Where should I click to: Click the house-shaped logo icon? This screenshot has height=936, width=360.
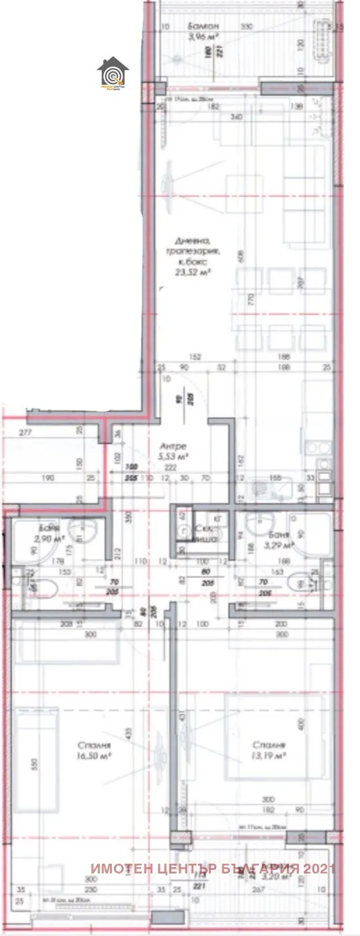112,73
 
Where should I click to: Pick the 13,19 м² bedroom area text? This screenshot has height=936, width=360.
268,753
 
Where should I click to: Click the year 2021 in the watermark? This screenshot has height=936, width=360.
320,869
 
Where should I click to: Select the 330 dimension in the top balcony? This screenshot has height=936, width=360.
245,27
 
